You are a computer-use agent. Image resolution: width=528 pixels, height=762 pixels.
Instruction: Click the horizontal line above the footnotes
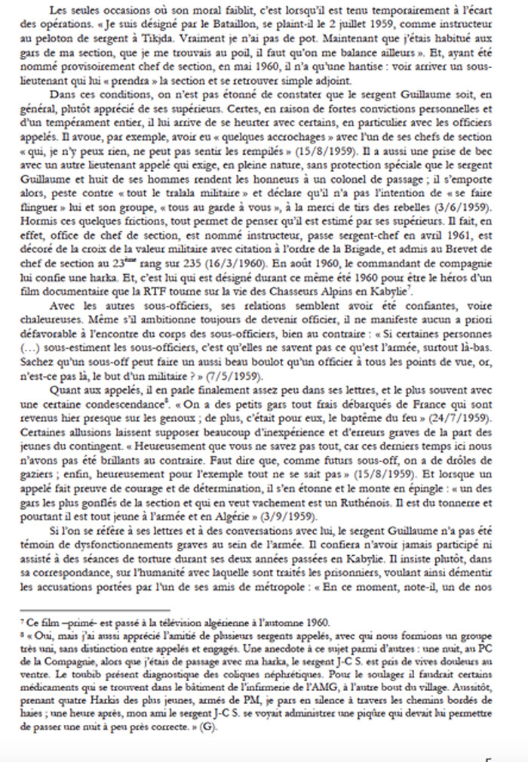106,611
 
